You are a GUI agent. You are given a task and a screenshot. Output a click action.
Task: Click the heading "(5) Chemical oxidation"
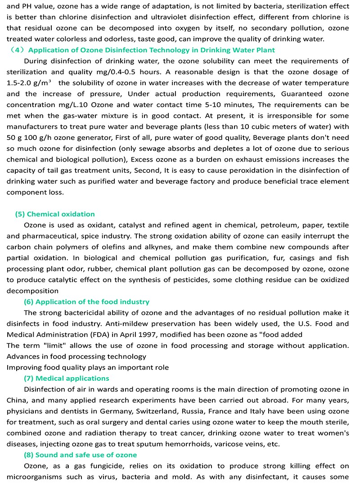pos(55,214)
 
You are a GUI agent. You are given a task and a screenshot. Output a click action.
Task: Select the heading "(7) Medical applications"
pos(66,379)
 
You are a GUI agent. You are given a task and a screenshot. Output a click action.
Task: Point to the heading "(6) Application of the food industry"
pos(86,302)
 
